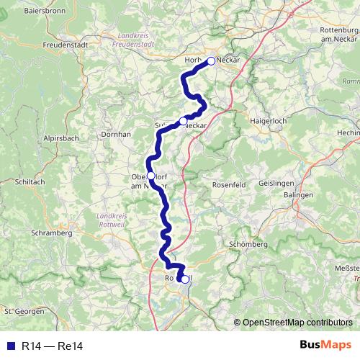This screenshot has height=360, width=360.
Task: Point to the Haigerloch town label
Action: (269, 121)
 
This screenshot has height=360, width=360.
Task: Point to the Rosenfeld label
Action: (229, 184)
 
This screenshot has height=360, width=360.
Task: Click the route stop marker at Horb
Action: (211, 61)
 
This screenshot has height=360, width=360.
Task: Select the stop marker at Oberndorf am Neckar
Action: (150, 176)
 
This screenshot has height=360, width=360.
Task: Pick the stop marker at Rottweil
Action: (185, 279)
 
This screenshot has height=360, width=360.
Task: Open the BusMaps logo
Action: (325, 346)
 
